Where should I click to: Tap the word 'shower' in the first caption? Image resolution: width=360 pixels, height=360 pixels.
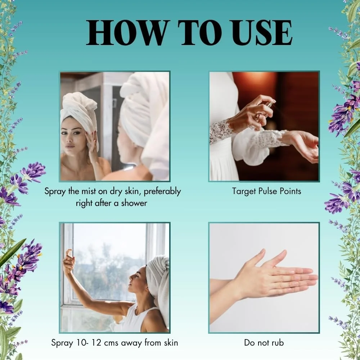pos(134,203)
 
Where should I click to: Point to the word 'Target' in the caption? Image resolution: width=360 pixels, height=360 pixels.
pos(244,192)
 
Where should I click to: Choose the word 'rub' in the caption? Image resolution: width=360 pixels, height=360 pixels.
pos(278,343)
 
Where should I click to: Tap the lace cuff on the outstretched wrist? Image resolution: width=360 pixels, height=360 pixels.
pos(272,139)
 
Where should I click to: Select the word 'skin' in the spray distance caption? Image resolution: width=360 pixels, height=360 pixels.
pos(171,343)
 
